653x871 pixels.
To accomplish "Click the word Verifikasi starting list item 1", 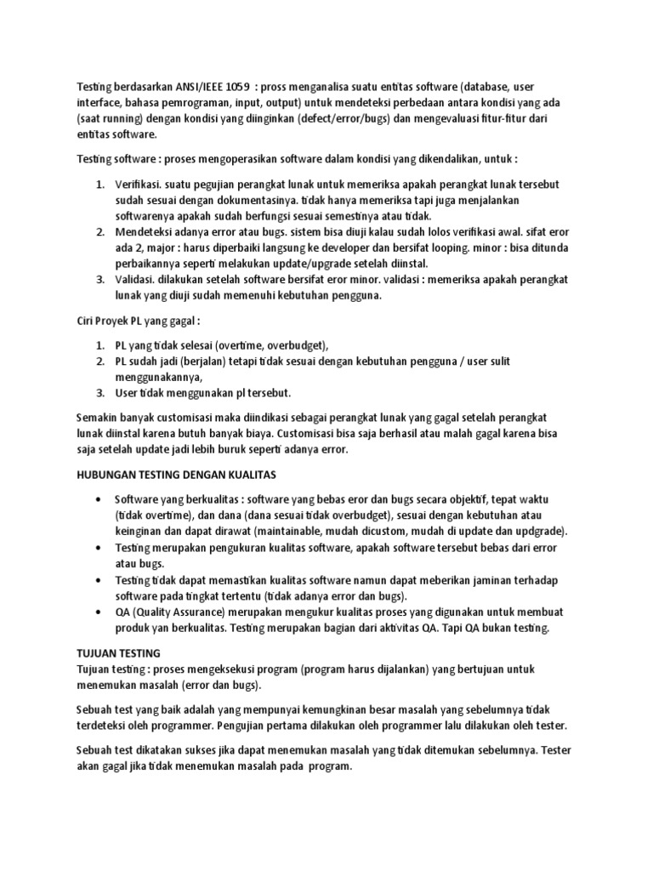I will pos(139,185).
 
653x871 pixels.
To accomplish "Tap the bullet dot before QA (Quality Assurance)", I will pos(102,612).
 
